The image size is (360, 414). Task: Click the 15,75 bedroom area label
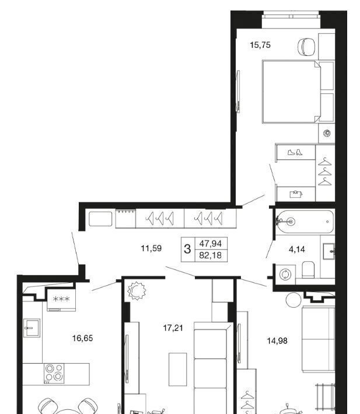pos(260,45)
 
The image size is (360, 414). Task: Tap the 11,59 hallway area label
pos(151,248)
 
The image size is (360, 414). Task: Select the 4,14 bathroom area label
pos(297,249)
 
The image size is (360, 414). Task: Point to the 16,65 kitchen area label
pos(82,338)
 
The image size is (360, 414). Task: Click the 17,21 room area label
pos(173,328)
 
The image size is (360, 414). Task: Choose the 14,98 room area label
pos(277,341)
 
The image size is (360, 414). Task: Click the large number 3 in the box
pos(187,249)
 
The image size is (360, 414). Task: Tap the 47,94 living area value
pos(211,243)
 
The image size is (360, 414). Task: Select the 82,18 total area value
pos(211,255)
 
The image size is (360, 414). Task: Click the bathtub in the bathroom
pos(304,222)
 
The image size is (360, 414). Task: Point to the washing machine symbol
pos(285,274)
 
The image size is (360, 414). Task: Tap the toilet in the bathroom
pos(308,269)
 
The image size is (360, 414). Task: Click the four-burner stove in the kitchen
pos(54,373)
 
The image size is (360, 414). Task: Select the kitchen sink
pos(32,328)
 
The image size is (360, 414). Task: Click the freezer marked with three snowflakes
pos(61,300)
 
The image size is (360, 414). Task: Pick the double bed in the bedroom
pos(291,92)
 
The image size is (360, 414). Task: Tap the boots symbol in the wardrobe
pos(295,152)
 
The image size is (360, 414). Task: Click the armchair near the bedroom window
pos(306,47)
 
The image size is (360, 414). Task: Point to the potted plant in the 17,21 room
pos(137,291)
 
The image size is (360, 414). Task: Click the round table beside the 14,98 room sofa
pos(293,300)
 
